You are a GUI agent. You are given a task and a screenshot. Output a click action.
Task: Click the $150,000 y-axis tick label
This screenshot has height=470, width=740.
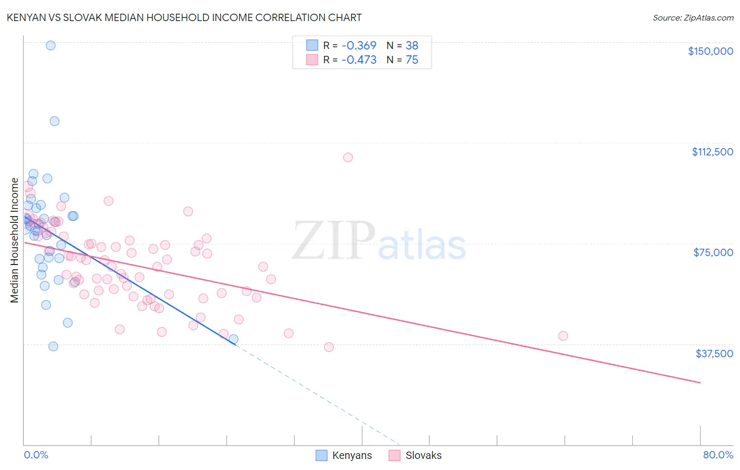710,51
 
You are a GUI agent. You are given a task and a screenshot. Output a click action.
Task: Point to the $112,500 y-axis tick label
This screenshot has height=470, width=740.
712,152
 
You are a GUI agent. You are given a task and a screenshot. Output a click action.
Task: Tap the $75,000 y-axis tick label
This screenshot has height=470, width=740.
713,252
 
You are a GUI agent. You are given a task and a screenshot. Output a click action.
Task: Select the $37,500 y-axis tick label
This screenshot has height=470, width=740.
714,354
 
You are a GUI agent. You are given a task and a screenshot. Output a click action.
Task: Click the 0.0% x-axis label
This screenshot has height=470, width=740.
36,455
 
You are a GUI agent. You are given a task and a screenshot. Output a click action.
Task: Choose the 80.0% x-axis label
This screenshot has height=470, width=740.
718,455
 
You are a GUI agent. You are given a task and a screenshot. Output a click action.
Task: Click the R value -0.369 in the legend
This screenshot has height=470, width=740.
359,46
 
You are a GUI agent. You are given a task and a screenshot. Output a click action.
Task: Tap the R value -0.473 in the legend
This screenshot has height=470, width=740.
359,60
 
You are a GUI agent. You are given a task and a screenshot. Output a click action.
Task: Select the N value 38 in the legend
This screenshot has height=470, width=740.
412,46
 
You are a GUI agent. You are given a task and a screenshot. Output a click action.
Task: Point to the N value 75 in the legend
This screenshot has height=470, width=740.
412,60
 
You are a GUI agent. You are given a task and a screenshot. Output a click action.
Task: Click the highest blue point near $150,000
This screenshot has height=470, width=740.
51,45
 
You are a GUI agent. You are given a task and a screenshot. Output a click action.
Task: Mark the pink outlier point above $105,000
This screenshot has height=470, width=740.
348,158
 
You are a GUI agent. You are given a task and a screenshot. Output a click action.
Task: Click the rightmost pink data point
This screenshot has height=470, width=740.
563,336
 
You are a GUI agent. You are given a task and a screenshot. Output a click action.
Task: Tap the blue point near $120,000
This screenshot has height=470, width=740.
54,121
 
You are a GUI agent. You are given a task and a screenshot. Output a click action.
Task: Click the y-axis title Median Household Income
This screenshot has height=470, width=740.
15,240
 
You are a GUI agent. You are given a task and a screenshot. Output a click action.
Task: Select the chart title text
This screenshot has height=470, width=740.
184,17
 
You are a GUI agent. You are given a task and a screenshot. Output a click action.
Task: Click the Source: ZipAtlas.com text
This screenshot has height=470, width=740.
693,18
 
